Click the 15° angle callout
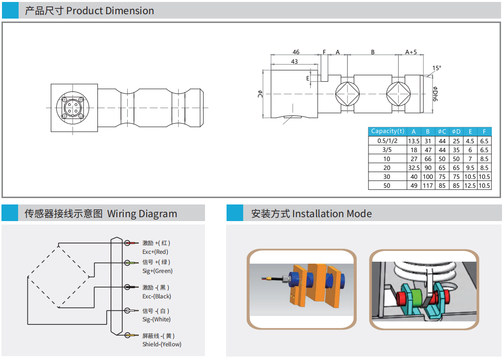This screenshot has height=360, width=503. (436, 68)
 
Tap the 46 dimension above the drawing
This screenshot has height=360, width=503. (296, 52)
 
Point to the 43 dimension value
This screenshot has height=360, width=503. (295, 61)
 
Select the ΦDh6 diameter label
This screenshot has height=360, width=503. (435, 93)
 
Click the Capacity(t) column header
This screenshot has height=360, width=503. (388, 131)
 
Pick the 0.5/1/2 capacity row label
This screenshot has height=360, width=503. (387, 141)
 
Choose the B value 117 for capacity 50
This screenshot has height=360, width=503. (428, 185)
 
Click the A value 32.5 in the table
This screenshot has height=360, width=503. (414, 168)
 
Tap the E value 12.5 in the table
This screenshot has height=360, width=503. (470, 185)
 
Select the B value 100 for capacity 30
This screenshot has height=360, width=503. (428, 177)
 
